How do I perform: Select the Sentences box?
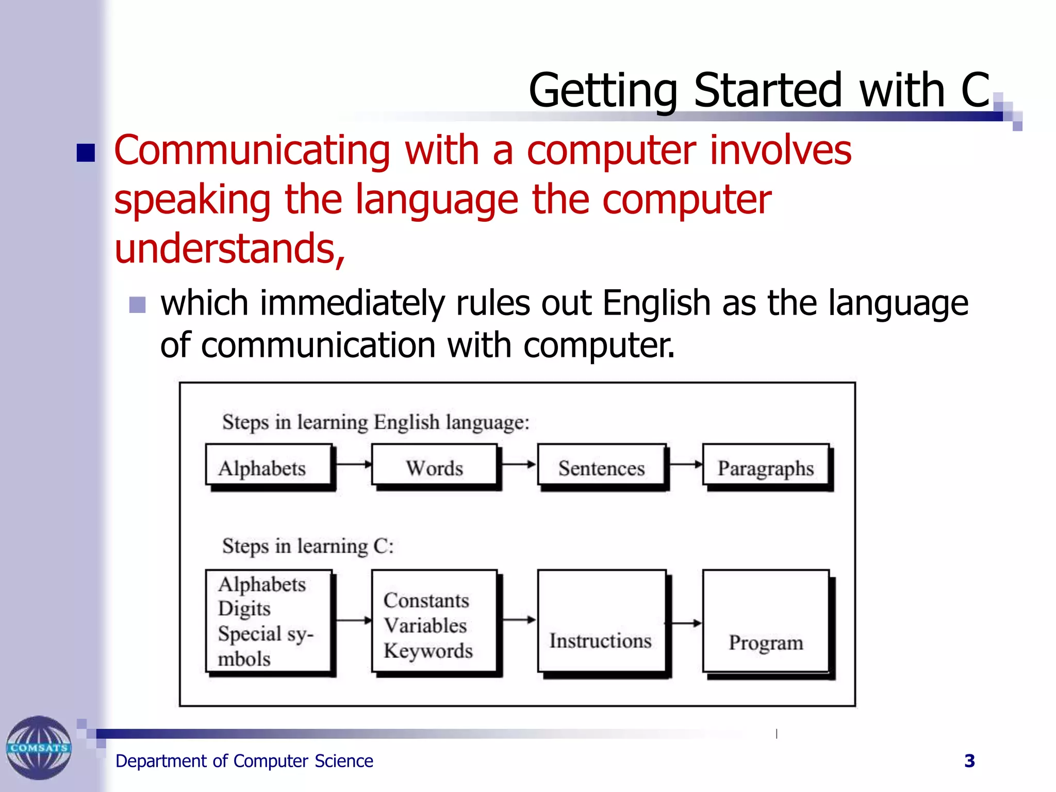coord(601,466)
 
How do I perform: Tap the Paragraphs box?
coord(766,466)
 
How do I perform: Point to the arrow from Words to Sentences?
coord(518,465)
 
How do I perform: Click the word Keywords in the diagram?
coord(428,651)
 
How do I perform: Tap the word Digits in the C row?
coord(244,609)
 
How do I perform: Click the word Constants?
coord(426,600)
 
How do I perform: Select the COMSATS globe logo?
coord(39,748)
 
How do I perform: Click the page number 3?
coord(969,761)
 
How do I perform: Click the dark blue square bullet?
coord(86,153)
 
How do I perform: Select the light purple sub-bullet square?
coord(137,305)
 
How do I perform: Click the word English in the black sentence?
coord(656,303)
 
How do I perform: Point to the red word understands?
coord(229,249)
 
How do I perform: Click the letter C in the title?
coord(975,90)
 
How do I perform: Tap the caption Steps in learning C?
coord(308,546)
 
